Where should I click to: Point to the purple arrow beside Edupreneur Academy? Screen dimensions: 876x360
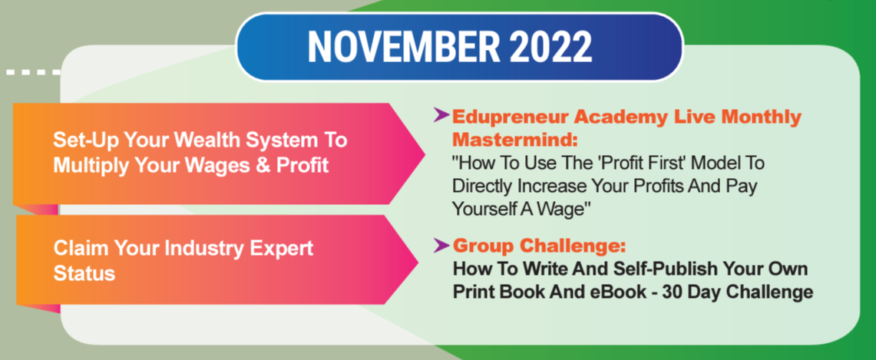pos(441,116)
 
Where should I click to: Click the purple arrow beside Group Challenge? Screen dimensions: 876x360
pos(441,244)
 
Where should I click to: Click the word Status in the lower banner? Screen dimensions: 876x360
pos(84,273)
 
